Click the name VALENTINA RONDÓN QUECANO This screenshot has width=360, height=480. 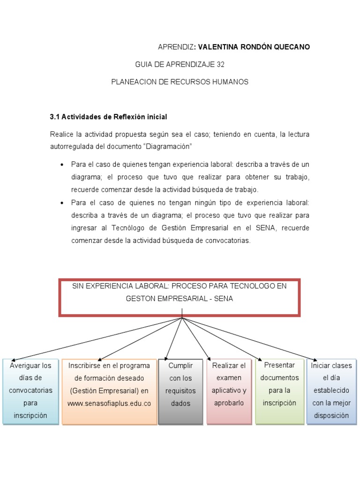coord(254,47)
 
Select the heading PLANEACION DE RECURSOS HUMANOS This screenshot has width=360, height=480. coord(180,82)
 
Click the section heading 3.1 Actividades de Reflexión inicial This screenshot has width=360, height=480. coord(108,116)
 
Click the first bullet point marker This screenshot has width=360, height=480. coord(62,165)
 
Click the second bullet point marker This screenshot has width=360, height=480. coord(62,203)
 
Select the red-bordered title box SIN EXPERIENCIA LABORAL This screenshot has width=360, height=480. coord(180,297)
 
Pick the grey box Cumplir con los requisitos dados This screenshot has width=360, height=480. coord(181,391)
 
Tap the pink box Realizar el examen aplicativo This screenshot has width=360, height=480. coord(229,391)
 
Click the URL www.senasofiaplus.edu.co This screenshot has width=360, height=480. coord(109,403)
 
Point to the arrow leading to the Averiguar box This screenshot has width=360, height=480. coord(94,338)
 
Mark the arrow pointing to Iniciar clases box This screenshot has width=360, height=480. coord(253,339)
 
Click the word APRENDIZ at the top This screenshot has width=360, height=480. coord(176,47)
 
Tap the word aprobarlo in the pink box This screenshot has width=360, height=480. coord(229,403)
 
